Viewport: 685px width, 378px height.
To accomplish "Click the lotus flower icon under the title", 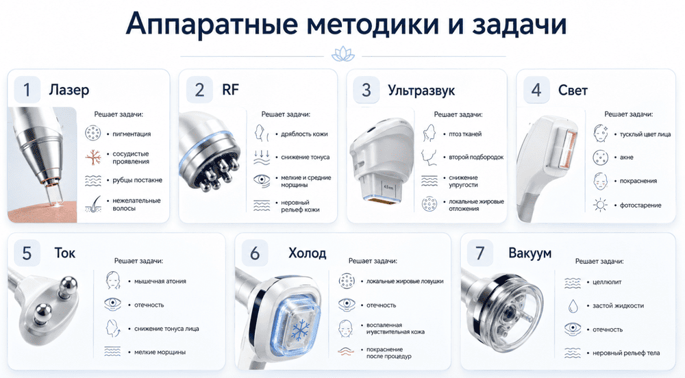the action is pyautogui.click(x=343, y=55).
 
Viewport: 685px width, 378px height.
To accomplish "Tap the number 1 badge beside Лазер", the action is pyautogui.click(x=27, y=90).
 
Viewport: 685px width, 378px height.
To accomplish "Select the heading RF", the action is pyautogui.click(x=231, y=90).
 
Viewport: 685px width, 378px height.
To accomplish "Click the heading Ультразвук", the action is pyautogui.click(x=421, y=90).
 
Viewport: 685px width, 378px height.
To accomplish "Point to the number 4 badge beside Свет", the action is pyautogui.click(x=536, y=90).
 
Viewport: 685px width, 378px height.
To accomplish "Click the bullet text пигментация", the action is pyautogui.click(x=132, y=134).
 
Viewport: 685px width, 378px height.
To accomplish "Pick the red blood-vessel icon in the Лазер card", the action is pyautogui.click(x=93, y=157).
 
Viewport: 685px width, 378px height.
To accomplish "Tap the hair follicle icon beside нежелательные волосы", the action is pyautogui.click(x=93, y=204).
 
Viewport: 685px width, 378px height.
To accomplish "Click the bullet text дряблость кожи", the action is pyautogui.click(x=304, y=134).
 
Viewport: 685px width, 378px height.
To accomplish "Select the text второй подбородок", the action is pyautogui.click(x=476, y=157).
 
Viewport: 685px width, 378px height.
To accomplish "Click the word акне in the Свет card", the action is pyautogui.click(x=627, y=157).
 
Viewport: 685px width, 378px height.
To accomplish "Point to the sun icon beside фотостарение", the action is pyautogui.click(x=600, y=205).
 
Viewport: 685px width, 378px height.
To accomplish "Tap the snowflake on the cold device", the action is pyautogui.click(x=300, y=330).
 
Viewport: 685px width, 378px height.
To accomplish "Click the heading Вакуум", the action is pyautogui.click(x=530, y=253).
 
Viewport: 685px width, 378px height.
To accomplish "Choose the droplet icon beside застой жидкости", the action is pyautogui.click(x=573, y=306).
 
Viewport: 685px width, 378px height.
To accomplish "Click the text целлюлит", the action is pyautogui.click(x=607, y=282).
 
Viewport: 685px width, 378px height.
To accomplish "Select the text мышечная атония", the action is pyautogui.click(x=160, y=281).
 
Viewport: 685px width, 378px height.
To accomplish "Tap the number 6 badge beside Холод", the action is pyautogui.click(x=255, y=253).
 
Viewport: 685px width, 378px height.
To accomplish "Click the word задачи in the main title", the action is pyautogui.click(x=519, y=24).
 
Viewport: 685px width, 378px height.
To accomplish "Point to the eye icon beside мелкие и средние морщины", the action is pyautogui.click(x=262, y=180).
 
